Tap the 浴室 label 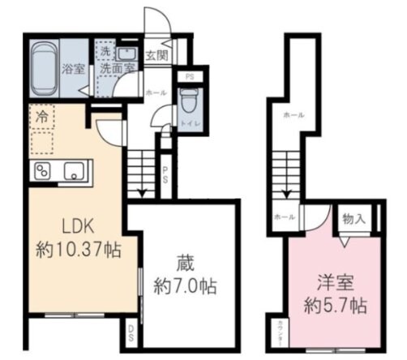tap(74, 69)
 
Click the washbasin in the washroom tap(126, 53)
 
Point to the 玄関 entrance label tap(156, 55)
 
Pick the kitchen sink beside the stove tap(75, 171)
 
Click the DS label tap(131, 331)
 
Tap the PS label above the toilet tap(189, 78)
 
